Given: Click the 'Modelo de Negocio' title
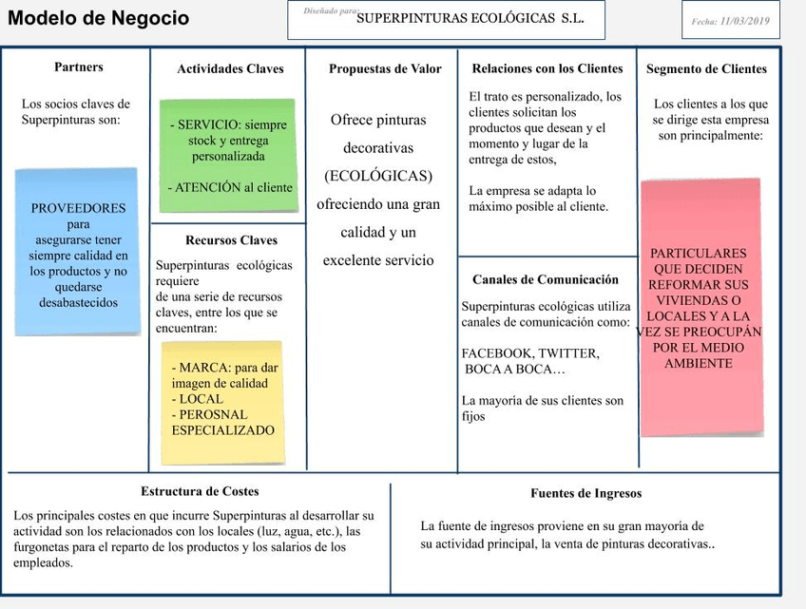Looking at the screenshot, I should [x=99, y=19].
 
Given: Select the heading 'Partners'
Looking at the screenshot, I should [x=79, y=67].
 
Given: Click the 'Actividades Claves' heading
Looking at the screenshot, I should [x=230, y=69].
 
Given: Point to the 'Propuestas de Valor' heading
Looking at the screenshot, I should [x=385, y=69].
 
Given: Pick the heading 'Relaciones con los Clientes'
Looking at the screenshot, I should [x=547, y=68].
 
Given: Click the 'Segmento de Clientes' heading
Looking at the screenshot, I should [x=706, y=69].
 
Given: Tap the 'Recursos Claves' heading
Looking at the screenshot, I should [x=231, y=240].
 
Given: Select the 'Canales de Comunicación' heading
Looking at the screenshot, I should [x=546, y=280].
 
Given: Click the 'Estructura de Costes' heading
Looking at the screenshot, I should [x=200, y=492].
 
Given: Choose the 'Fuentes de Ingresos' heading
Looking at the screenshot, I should [x=586, y=494].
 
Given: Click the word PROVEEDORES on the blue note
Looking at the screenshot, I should [x=78, y=208].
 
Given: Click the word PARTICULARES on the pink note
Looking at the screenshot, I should [x=699, y=254].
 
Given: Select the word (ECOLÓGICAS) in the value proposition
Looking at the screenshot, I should [x=378, y=176].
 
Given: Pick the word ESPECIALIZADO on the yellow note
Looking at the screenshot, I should [x=223, y=430].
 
